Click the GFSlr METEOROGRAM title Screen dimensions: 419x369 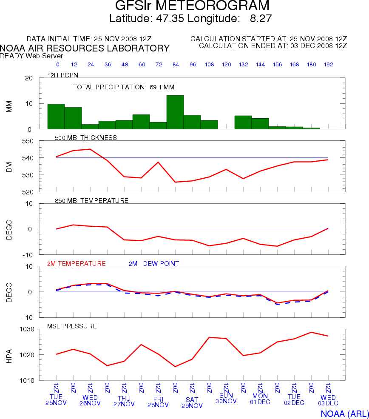(x=192, y=6)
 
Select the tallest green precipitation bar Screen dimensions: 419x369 (x=175, y=112)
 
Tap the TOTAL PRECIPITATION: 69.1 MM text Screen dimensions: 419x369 (x=124, y=87)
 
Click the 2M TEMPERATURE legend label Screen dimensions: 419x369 (x=77, y=264)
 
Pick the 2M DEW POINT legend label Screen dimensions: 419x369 (x=153, y=264)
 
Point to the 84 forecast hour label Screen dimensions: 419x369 (x=175, y=65)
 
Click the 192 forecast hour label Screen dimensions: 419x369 (x=328, y=65)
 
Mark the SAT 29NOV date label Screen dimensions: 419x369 (x=192, y=403)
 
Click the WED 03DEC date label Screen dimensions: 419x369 (x=328, y=400)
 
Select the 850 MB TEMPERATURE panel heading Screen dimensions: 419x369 (x=91, y=201)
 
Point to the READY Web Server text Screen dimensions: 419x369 (x=31, y=56)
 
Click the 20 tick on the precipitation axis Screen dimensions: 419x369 (x=29, y=78)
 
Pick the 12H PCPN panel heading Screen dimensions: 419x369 (x=63, y=75)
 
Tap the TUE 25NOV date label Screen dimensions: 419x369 (x=56, y=400)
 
